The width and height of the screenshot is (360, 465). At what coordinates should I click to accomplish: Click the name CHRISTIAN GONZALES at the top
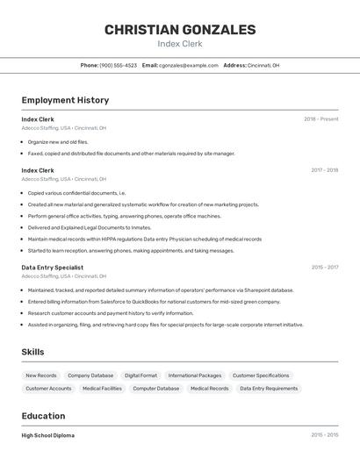point(180,30)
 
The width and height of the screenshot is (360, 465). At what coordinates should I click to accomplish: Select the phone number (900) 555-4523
point(118,65)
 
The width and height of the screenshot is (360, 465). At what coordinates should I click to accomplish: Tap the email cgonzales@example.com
point(188,65)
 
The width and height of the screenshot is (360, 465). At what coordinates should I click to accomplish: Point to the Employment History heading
point(65,100)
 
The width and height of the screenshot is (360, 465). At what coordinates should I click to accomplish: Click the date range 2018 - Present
point(320,119)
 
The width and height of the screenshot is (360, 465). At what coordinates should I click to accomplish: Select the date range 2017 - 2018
point(324,170)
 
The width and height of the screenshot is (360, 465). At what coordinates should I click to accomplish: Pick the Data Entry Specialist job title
point(52,268)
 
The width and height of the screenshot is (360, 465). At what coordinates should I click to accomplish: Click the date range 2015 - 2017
point(324,268)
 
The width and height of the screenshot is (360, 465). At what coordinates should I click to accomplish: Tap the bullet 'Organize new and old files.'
point(58,141)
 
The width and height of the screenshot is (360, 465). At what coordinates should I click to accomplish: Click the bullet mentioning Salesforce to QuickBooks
point(154,301)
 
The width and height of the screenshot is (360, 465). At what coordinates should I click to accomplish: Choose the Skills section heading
point(33,352)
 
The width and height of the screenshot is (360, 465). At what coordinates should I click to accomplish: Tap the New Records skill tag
point(40,376)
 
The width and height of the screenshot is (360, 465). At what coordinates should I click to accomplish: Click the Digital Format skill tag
point(140,376)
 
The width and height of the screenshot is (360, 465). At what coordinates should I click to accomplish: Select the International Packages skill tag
point(194,376)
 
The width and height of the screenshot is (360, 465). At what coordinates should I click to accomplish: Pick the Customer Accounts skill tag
point(48,388)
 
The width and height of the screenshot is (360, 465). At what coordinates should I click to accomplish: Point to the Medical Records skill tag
point(209,388)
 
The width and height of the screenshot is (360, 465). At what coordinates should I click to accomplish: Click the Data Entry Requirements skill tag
point(269,388)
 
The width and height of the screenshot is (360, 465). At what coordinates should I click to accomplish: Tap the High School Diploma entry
point(47,435)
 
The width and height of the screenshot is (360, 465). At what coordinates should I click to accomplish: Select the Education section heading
point(43,416)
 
